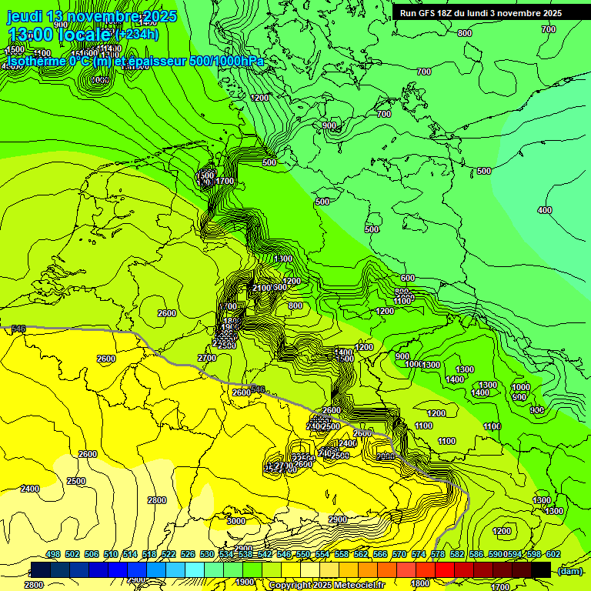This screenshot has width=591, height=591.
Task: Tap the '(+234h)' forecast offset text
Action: (136, 35)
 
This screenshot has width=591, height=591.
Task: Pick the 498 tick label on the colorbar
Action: (53, 555)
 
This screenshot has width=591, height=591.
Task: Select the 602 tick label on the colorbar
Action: (553, 555)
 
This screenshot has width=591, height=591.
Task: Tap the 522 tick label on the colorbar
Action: (169, 555)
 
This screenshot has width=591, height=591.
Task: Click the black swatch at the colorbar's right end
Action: (541, 569)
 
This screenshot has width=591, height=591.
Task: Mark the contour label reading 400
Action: (544, 210)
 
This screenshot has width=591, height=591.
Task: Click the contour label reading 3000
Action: (236, 521)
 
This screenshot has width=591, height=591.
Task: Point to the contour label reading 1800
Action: (420, 583)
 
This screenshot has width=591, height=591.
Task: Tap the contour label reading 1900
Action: (245, 582)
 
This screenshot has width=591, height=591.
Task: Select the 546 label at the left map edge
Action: (18, 329)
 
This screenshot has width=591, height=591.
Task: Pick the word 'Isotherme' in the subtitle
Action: (34, 61)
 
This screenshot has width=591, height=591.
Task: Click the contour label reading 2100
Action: (262, 288)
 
